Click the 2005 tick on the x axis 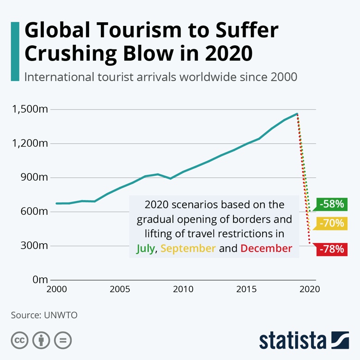120,290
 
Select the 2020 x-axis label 310,290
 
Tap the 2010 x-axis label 183,290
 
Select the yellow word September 188,248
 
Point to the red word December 266,248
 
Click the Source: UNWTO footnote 44,315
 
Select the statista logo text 292,341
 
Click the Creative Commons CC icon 20,341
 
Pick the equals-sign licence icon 62,341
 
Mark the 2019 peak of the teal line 297,113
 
